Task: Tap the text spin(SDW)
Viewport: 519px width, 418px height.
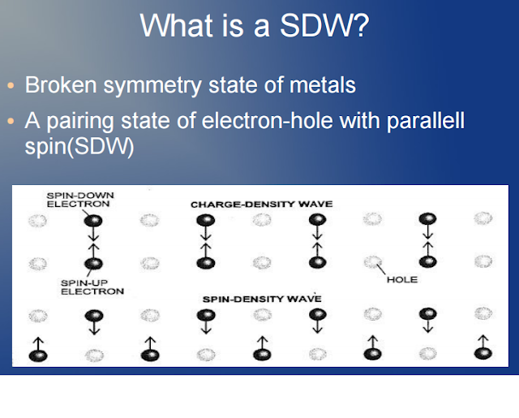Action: (79, 149)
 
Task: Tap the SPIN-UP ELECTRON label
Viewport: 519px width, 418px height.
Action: (92, 286)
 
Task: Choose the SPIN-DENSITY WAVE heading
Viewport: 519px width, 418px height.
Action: (261, 299)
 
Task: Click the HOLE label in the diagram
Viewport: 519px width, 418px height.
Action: (401, 280)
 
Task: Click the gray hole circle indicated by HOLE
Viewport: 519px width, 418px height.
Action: (371, 263)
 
